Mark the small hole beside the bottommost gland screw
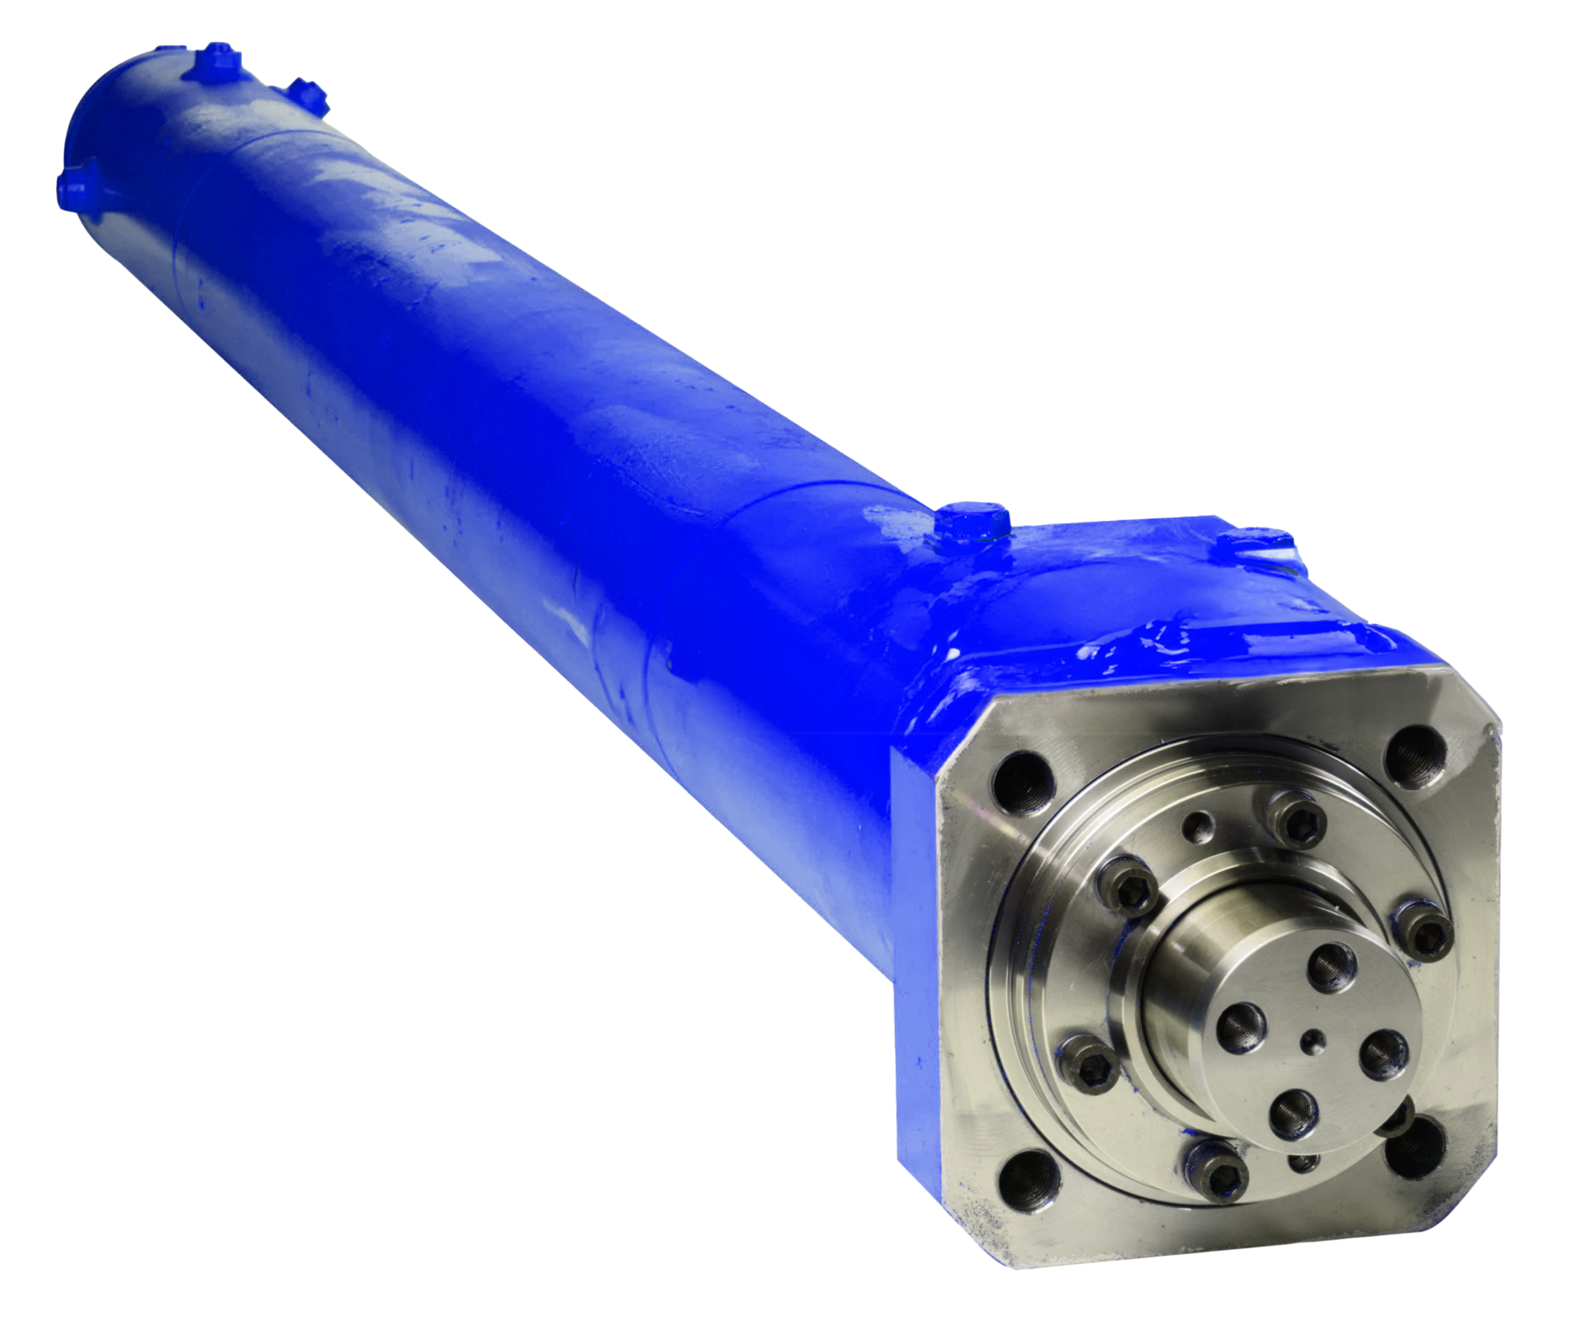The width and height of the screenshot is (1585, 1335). coord(1303,1162)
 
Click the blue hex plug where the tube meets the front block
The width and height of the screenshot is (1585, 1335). coord(974,521)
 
